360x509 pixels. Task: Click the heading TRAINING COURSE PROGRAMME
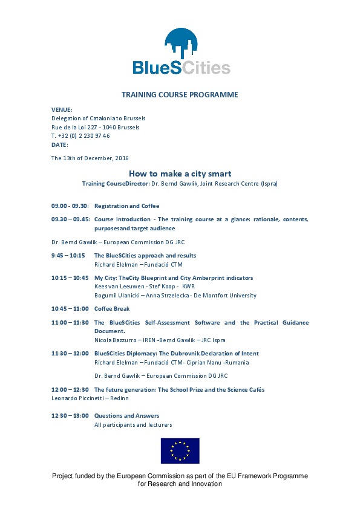[x=180, y=95]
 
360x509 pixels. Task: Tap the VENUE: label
[x=62, y=109]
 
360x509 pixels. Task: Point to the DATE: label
[x=60, y=145]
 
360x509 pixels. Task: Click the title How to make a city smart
[x=180, y=173]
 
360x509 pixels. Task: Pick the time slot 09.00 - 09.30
[x=70, y=206]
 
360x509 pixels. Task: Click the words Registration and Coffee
[x=126, y=206]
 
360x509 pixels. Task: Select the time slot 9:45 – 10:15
[x=68, y=256]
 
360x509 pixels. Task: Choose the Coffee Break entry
[x=112, y=309]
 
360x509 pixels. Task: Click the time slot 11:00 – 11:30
[x=70, y=322]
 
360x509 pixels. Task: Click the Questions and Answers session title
[x=126, y=416]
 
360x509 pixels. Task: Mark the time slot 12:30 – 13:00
[x=70, y=416]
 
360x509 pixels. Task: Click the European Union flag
[x=180, y=451]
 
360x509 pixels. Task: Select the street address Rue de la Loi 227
[x=75, y=128]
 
